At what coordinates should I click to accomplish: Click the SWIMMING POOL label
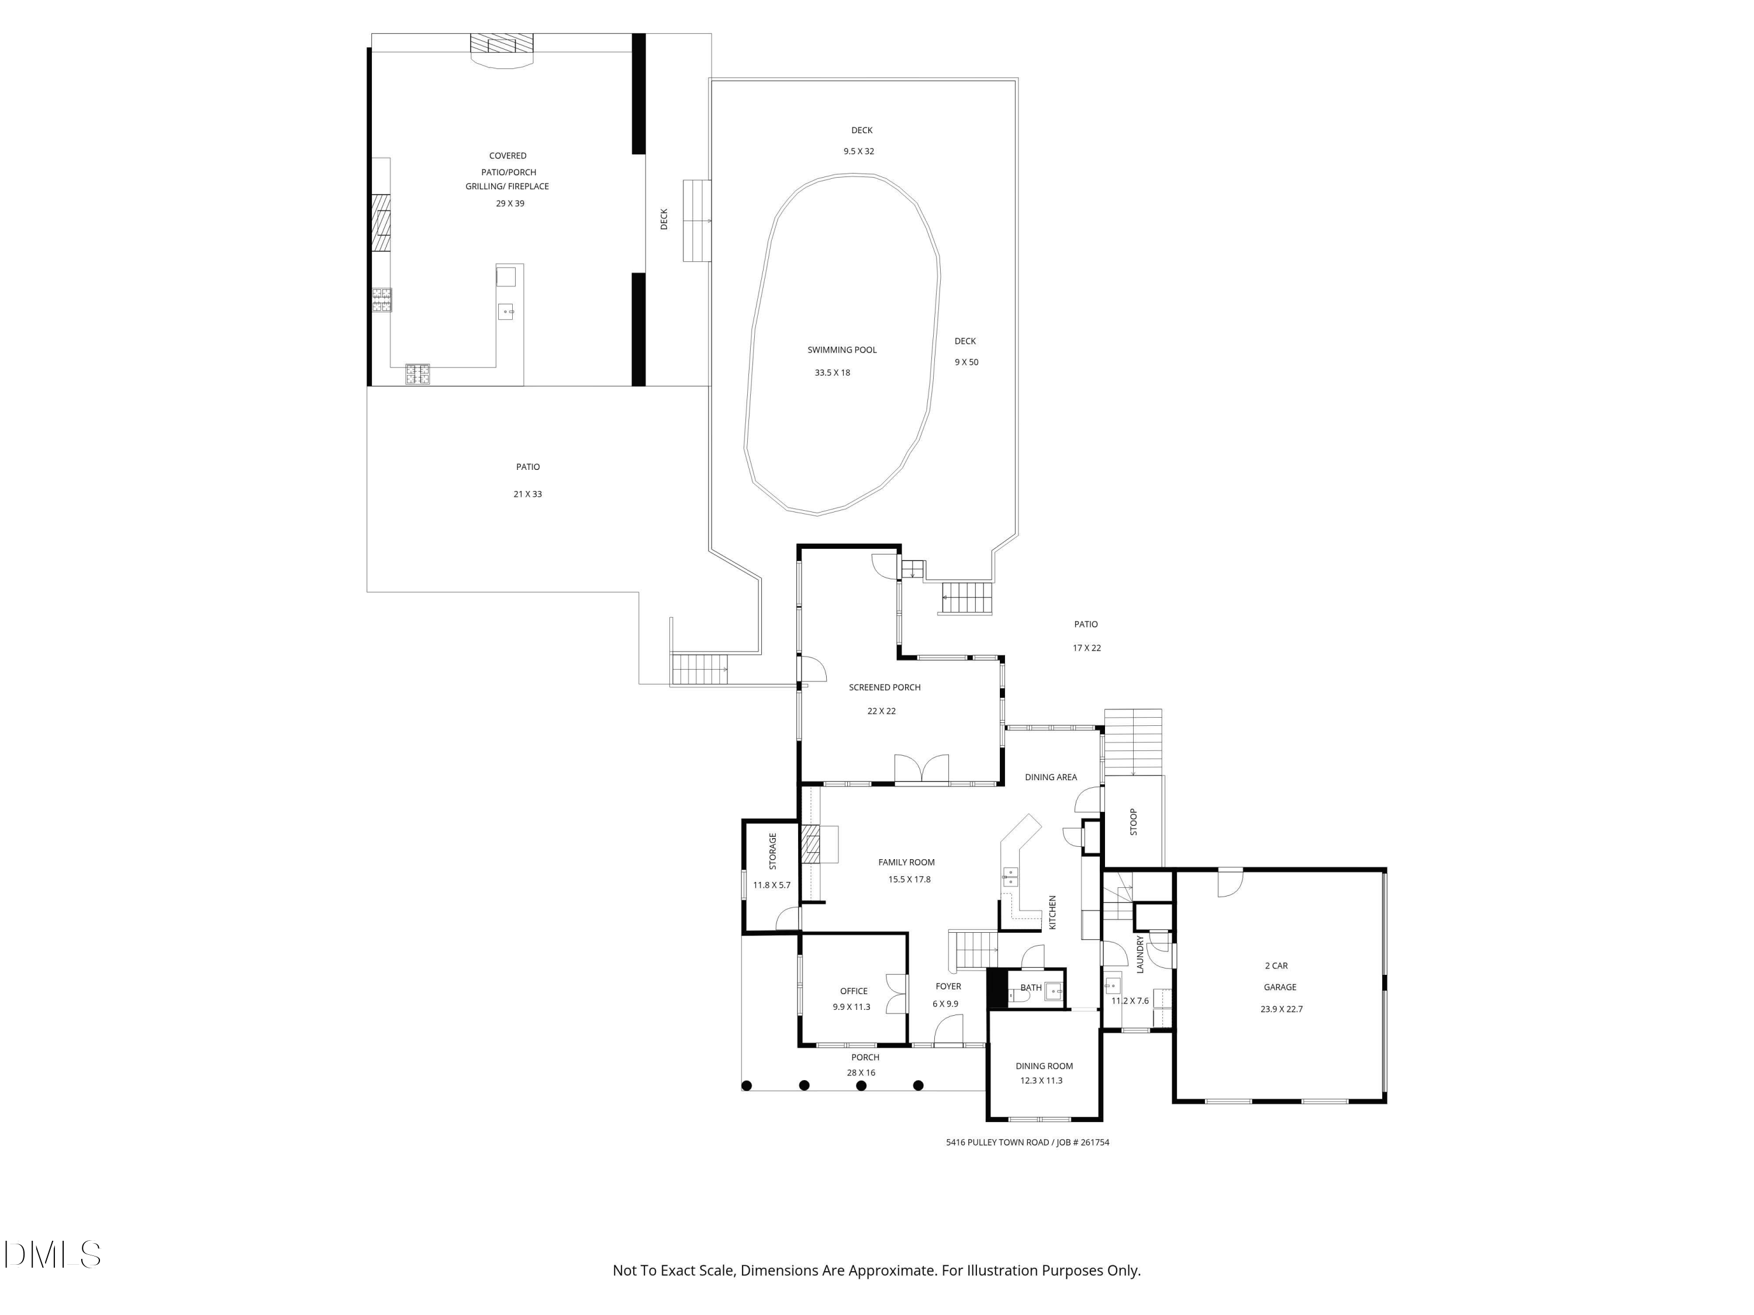[841, 349]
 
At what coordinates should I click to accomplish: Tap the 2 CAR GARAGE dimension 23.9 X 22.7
[1282, 1009]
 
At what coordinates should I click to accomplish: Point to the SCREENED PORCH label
[884, 687]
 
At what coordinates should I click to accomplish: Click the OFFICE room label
[854, 991]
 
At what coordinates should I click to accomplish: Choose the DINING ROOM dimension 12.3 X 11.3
[1041, 1081]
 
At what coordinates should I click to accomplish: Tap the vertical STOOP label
[1133, 821]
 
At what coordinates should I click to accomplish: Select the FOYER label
[948, 986]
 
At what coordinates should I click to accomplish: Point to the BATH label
[1031, 988]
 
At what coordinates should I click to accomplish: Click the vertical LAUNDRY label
[1140, 954]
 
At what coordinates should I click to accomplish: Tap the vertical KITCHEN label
[1053, 912]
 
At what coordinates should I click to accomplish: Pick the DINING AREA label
[1051, 777]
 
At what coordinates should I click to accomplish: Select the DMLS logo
[53, 1254]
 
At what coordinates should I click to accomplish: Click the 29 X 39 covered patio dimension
[510, 204]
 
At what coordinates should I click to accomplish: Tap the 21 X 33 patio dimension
[527, 494]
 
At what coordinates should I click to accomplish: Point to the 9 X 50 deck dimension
[966, 362]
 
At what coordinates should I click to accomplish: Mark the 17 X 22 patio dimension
[1086, 648]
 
